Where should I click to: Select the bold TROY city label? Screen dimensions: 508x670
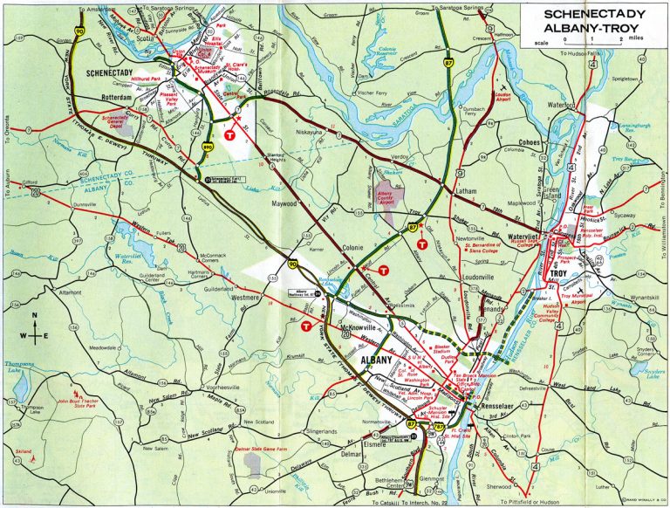561,274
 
